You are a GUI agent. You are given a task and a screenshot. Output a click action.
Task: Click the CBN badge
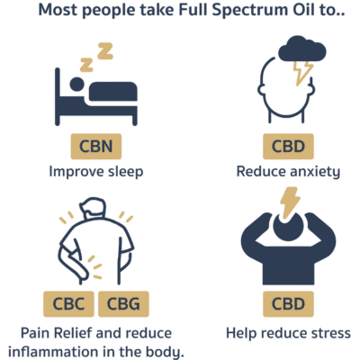(96, 147)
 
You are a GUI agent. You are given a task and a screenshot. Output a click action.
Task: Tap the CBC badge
(68, 304)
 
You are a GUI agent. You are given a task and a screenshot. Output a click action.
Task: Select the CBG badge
(123, 304)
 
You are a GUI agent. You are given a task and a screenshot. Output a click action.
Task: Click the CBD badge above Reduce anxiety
(288, 147)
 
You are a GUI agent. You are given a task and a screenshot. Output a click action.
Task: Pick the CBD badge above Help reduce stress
(288, 304)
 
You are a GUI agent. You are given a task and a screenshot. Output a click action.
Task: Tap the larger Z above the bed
(105, 51)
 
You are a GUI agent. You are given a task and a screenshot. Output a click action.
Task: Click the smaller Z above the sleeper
(86, 66)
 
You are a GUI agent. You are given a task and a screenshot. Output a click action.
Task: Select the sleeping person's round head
(76, 85)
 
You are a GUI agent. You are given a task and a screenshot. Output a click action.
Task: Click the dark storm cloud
(301, 49)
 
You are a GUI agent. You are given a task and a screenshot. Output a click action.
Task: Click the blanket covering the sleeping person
(113, 92)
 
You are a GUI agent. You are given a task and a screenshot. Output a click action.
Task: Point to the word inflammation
(53, 352)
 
